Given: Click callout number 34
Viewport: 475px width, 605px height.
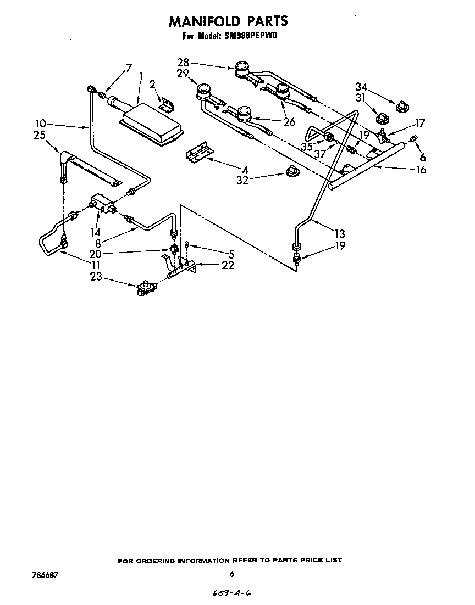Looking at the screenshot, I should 361,87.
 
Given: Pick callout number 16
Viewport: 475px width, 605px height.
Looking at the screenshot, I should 421,170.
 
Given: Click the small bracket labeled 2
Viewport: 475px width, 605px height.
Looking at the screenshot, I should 165,102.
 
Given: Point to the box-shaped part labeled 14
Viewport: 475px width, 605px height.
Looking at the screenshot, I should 103,203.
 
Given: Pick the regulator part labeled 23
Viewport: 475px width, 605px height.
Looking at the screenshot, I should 145,288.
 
